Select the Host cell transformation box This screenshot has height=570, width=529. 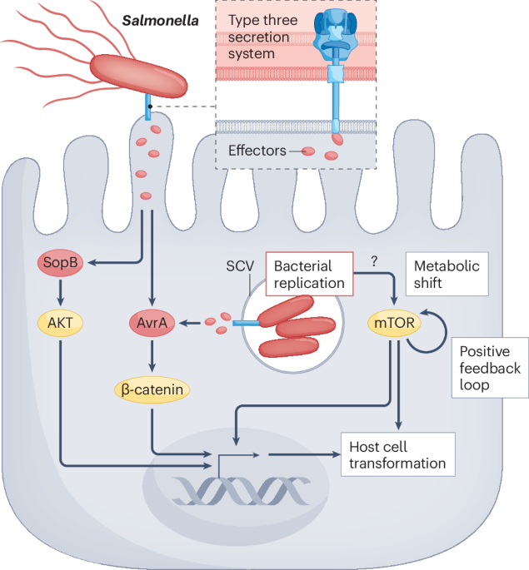click(398, 454)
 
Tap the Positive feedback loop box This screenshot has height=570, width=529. click(490, 367)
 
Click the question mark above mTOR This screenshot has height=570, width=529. click(375, 260)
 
